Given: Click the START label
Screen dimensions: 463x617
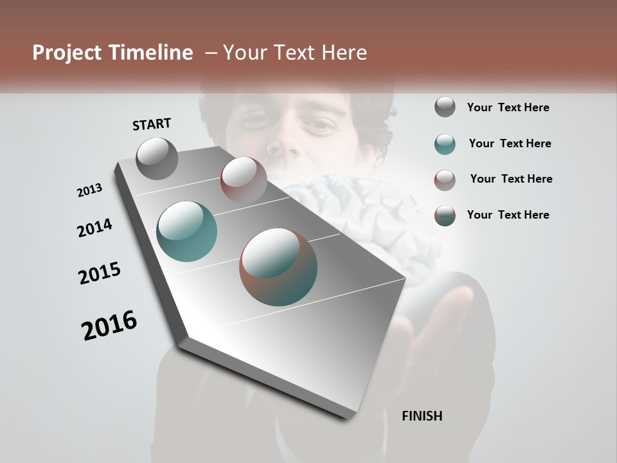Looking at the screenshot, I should click(152, 124).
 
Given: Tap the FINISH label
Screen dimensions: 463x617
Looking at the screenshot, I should click(422, 416).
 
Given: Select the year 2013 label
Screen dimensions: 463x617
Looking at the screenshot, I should click(89, 190).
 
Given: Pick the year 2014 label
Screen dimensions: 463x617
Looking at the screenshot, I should click(94, 228).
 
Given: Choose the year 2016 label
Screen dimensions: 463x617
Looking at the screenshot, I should click(109, 325).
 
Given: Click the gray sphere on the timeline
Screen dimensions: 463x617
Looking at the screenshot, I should click(157, 158).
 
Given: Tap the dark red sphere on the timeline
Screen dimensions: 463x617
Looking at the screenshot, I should click(244, 179).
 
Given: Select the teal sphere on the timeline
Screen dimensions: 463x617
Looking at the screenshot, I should click(187, 232).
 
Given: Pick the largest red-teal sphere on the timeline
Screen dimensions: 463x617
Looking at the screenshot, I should click(278, 267).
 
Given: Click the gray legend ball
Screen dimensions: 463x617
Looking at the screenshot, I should click(445, 107).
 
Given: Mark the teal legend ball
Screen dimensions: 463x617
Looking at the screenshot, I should click(445, 143).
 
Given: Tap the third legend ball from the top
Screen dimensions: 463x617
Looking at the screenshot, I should click(445, 179).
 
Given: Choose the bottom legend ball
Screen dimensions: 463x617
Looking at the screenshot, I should click(445, 215).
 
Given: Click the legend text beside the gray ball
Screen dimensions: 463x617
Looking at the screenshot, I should click(508, 107).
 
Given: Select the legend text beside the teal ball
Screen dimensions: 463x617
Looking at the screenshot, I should click(510, 143).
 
